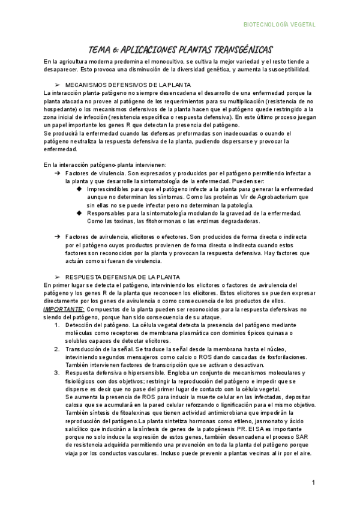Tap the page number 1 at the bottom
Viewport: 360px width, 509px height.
[313, 483]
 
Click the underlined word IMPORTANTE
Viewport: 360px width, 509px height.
[62, 309]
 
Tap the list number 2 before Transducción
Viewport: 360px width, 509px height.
[56, 349]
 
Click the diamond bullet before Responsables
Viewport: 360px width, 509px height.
[79, 213]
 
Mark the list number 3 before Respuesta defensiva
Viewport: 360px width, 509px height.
[56, 372]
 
